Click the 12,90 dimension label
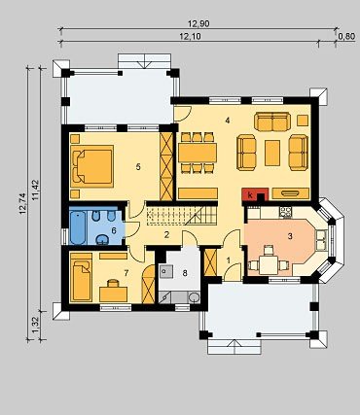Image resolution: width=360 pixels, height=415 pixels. click(x=198, y=23)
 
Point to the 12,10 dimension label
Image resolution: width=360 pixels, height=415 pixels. click(x=190, y=37)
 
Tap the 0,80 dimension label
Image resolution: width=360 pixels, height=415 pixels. click(x=346, y=37)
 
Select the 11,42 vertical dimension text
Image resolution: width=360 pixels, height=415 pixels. click(x=35, y=190)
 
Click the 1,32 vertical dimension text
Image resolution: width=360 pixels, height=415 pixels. click(x=35, y=326)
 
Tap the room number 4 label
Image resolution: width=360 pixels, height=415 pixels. click(x=228, y=121)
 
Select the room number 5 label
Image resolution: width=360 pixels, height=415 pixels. click(x=138, y=167)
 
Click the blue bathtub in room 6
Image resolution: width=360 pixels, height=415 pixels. click(x=78, y=227)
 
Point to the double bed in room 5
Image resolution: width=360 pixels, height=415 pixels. click(x=92, y=166)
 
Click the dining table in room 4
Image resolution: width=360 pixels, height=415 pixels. click(x=198, y=153)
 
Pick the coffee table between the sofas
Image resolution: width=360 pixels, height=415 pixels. click(x=272, y=153)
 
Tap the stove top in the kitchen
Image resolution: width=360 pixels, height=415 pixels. click(x=286, y=212)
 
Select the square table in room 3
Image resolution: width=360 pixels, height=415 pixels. click(x=269, y=265)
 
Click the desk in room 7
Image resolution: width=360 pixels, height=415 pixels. click(x=113, y=294)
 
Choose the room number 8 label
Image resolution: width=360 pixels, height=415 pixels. click(x=185, y=273)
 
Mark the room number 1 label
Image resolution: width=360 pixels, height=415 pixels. click(x=229, y=259)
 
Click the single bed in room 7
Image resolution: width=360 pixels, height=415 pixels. click(x=82, y=277)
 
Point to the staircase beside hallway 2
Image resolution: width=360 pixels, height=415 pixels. click(x=182, y=214)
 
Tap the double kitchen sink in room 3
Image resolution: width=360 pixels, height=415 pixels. click(x=321, y=240)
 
